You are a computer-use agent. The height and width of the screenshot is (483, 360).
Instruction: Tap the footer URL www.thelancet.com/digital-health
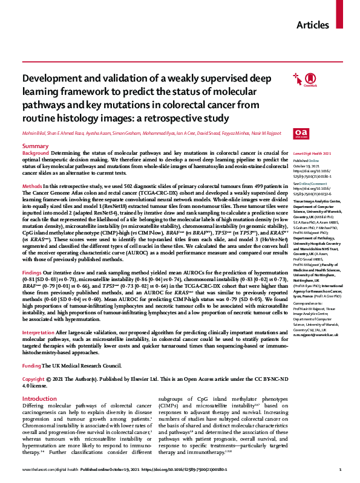51,470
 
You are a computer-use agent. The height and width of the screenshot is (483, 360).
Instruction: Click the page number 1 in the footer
340,470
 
